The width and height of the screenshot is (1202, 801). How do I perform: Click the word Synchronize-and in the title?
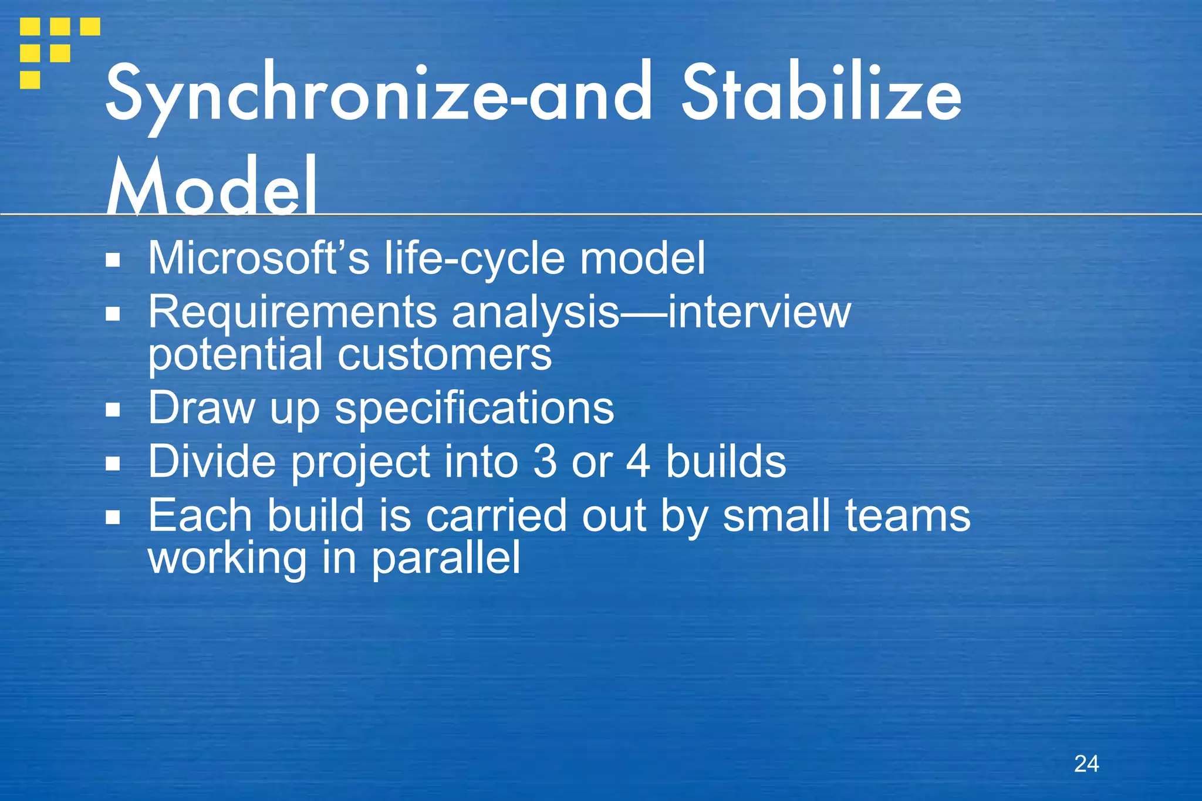coord(379,94)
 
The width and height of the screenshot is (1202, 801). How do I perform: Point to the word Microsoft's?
coord(258,258)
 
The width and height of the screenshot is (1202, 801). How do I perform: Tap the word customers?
coord(444,354)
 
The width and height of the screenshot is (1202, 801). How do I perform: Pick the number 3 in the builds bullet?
coord(545,462)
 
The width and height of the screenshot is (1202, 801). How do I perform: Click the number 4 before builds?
coord(639,462)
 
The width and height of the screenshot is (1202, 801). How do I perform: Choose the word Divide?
coord(212,462)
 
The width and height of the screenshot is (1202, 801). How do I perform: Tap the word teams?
coord(907,516)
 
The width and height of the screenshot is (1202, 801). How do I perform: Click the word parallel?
coord(446,558)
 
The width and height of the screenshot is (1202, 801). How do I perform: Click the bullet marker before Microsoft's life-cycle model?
coord(113,259)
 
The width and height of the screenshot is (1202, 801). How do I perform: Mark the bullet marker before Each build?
coord(113,517)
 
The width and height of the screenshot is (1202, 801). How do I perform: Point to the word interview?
coord(759,312)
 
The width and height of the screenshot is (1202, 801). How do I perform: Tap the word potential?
coord(235,354)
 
